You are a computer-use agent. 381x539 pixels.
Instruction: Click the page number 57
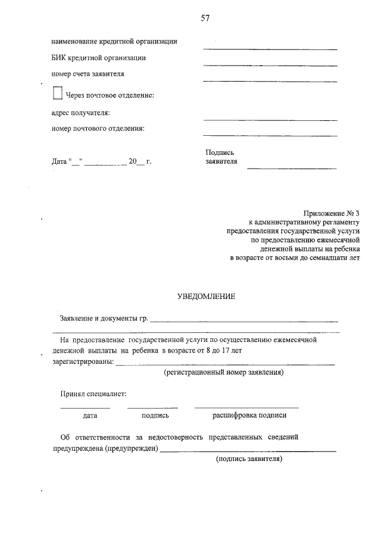(x=205, y=18)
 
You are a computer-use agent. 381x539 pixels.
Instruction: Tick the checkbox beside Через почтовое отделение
(x=57, y=94)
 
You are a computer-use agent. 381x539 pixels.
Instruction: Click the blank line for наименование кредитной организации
(x=270, y=48)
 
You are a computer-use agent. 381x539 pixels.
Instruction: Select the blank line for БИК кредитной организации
(x=270, y=64)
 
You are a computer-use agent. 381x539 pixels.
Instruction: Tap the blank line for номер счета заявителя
(x=270, y=80)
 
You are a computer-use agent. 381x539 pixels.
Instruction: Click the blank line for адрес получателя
(x=270, y=119)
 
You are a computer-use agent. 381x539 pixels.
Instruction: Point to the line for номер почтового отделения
(x=270, y=135)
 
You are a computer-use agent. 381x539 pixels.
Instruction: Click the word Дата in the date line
(x=59, y=161)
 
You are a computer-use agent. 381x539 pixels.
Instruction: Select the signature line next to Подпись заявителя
(x=292, y=168)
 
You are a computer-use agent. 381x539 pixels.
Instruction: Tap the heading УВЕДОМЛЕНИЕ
(x=207, y=296)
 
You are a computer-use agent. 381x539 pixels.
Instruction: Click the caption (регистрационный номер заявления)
(x=223, y=373)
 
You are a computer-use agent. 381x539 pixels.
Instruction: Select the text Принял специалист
(x=92, y=394)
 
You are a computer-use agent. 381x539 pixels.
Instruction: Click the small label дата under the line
(x=90, y=416)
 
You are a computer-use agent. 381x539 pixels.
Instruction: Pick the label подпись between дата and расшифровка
(x=155, y=416)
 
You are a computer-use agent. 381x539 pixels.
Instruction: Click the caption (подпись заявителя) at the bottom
(x=249, y=459)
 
